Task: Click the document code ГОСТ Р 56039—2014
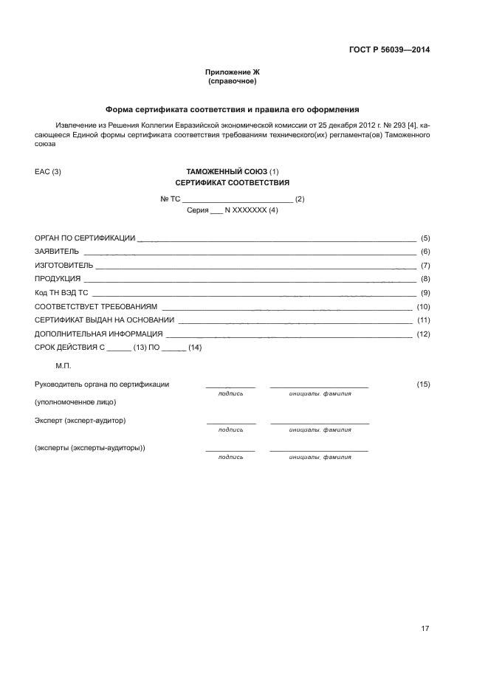tap(389, 50)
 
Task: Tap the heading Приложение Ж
tap(232, 72)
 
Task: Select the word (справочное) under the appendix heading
tap(232, 80)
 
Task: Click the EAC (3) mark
tap(48, 172)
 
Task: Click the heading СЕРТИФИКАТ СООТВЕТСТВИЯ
tap(232, 182)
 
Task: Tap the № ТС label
tap(170, 199)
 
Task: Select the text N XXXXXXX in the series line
tap(246, 210)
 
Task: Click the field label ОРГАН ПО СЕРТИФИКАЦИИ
tap(85, 238)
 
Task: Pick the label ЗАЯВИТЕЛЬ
tap(57, 252)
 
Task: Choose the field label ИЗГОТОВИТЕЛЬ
tap(64, 265)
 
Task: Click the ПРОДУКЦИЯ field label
tap(58, 279)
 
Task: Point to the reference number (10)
tap(423, 306)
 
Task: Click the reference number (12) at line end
tap(423, 334)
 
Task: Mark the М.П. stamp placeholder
tap(63, 365)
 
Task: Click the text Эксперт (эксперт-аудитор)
tap(80, 421)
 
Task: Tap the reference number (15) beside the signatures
tap(423, 384)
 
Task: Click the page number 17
tap(425, 629)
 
